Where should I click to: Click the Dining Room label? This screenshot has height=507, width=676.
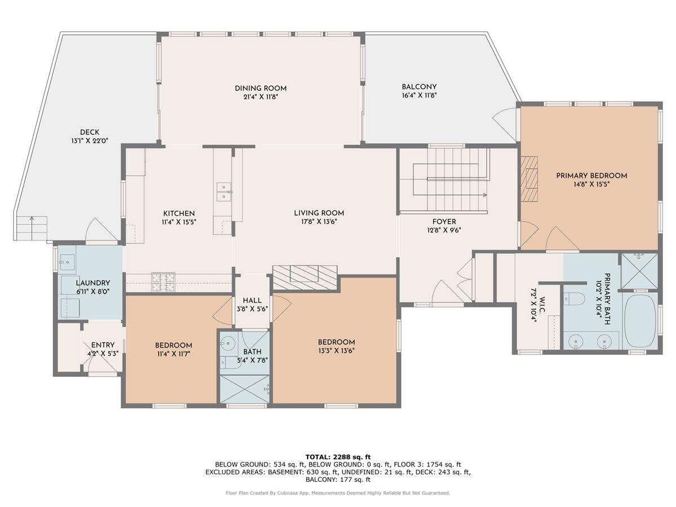[x=261, y=88]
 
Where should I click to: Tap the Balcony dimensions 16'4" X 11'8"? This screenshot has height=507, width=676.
[x=419, y=95]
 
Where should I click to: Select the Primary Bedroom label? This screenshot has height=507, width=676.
[x=591, y=176]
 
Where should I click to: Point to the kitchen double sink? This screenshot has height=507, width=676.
[x=224, y=192]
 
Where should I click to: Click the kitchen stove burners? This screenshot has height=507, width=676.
[x=163, y=282]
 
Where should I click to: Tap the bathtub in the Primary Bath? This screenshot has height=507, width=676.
[x=639, y=321]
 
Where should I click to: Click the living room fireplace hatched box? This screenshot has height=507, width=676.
[x=305, y=278]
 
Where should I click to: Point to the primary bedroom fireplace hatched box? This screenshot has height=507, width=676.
[x=530, y=179]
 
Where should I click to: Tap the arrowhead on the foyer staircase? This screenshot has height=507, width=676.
[x=485, y=195]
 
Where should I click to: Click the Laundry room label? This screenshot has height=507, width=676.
[x=93, y=283]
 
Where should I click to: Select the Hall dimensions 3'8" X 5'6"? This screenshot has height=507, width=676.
[x=252, y=309]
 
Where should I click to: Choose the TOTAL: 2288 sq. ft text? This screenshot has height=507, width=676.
[x=338, y=457]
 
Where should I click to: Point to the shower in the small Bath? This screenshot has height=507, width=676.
[x=244, y=389]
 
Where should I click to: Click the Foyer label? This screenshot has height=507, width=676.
[x=444, y=221]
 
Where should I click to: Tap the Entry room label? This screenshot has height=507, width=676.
[x=103, y=345]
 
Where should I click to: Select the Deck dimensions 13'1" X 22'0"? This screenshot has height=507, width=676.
[x=90, y=141]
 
